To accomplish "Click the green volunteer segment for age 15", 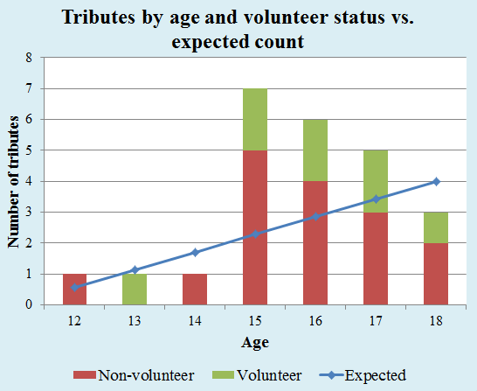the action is (255, 119).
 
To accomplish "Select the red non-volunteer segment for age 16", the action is (315, 243).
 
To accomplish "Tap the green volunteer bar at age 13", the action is (135, 290).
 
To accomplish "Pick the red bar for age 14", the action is (195, 290).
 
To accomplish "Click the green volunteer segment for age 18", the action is (436, 227).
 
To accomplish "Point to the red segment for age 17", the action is (376, 259).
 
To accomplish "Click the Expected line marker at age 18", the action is (436, 182).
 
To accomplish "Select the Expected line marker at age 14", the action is (195, 253).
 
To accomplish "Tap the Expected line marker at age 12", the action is (74, 288).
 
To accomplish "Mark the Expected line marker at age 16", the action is (315, 217).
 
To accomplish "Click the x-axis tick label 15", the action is (255, 321).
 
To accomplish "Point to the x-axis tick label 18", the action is (436, 321).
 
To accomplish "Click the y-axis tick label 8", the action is (29, 58).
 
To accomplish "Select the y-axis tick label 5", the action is (29, 150).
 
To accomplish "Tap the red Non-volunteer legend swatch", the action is (85, 375).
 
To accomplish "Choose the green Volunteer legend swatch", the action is (223, 375).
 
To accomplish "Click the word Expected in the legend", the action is (375, 375).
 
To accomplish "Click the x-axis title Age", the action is (255, 343).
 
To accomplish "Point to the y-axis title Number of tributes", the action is (13, 182).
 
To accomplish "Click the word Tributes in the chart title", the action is (99, 17).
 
